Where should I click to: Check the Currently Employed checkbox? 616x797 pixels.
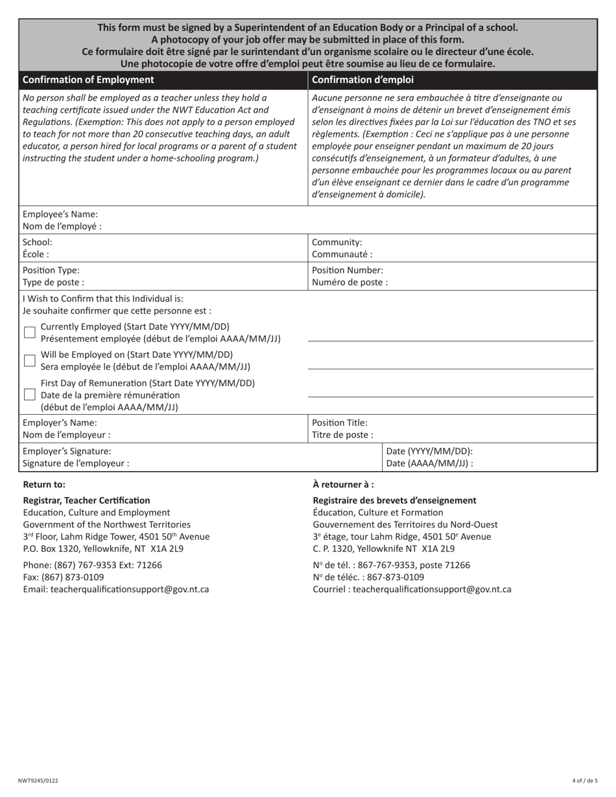(x=29, y=332)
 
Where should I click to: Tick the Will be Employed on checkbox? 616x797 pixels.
(x=29, y=361)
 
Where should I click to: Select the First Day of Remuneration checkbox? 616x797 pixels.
(x=29, y=395)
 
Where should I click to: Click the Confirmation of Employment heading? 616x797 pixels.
(x=88, y=80)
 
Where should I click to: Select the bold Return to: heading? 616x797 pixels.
(x=44, y=485)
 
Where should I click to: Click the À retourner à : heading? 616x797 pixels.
(x=343, y=485)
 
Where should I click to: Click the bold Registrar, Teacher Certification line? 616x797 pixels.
(x=86, y=501)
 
